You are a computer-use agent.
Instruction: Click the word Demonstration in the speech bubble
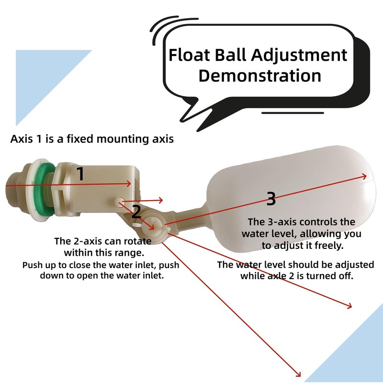(259, 76)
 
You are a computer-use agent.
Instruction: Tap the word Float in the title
(190, 55)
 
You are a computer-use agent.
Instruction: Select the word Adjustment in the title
(299, 56)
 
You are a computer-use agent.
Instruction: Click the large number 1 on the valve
(80, 174)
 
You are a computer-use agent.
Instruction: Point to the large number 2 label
(136, 212)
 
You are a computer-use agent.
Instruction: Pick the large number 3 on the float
(271, 199)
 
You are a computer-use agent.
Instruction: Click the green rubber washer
(45, 189)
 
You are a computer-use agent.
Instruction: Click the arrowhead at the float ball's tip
(364, 176)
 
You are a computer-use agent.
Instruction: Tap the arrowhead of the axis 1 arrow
(128, 184)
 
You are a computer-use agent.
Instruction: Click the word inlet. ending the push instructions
(152, 276)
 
